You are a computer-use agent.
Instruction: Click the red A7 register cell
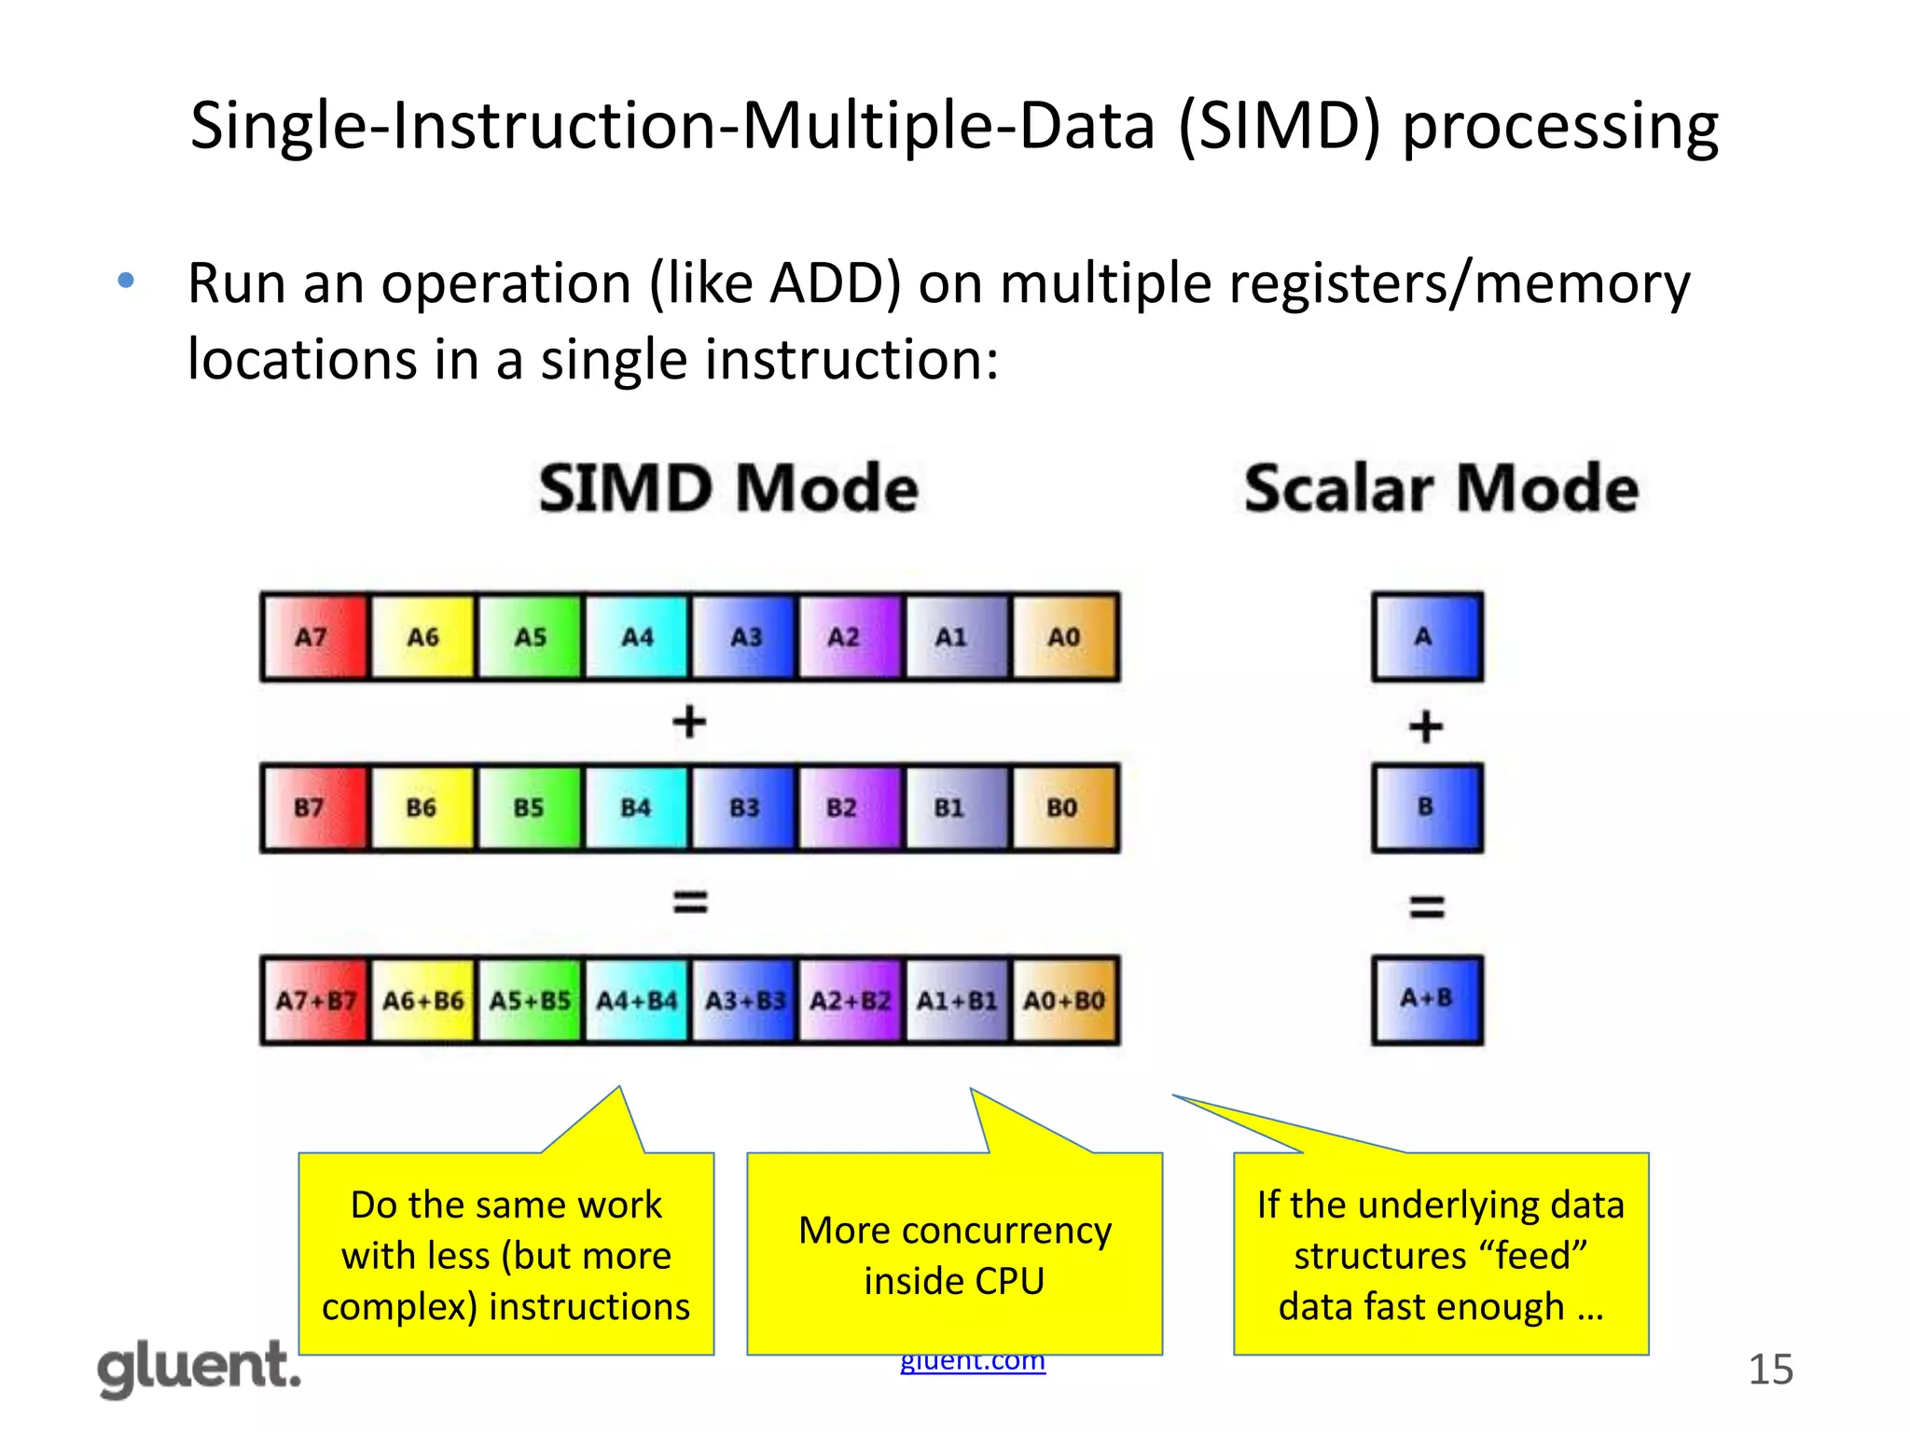pyautogui.click(x=314, y=637)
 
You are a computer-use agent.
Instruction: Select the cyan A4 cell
pyautogui.click(x=637, y=637)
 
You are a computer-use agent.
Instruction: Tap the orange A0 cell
pyautogui.click(x=1064, y=637)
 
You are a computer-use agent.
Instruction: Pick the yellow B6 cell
pyautogui.click(x=422, y=807)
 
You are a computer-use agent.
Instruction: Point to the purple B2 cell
pyautogui.click(x=849, y=807)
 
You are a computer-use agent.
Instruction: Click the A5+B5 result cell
pyautogui.click(x=530, y=1000)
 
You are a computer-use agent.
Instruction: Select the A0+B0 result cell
pyautogui.click(x=1064, y=1000)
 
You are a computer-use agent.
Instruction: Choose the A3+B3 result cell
pyautogui.click(x=744, y=1000)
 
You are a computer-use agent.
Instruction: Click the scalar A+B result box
pyautogui.click(x=1427, y=998)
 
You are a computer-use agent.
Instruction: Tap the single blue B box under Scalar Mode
pyautogui.click(x=1427, y=807)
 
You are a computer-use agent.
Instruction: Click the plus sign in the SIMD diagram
pyautogui.click(x=689, y=723)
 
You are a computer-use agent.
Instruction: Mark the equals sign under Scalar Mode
pyautogui.click(x=1427, y=906)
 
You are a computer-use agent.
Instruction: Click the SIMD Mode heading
pyautogui.click(x=728, y=489)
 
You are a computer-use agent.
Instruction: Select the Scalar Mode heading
pyautogui.click(x=1441, y=489)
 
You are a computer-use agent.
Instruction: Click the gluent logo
pyautogui.click(x=199, y=1369)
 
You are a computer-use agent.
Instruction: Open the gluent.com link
pyautogui.click(x=973, y=1362)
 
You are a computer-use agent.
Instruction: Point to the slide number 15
pyautogui.click(x=1770, y=1370)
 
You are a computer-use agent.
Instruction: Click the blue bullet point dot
pyautogui.click(x=127, y=280)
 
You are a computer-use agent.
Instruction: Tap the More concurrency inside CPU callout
pyautogui.click(x=954, y=1254)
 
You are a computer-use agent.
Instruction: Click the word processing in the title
pyautogui.click(x=1560, y=127)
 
